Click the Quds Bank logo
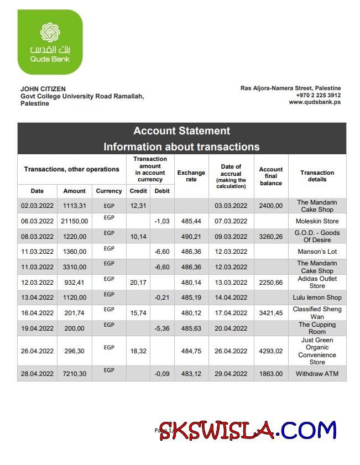pyautogui.click(x=50, y=42)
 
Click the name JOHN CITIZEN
pyautogui.click(x=43, y=89)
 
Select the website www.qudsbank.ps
pyautogui.click(x=315, y=102)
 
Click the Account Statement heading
pyautogui.click(x=181, y=131)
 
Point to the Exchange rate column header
pyautogui.click(x=191, y=176)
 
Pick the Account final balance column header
pyautogui.click(x=271, y=176)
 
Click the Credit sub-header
pyautogui.click(x=138, y=191)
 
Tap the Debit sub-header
pyautogui.click(x=163, y=191)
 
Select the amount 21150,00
pyautogui.click(x=75, y=221)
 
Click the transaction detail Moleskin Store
pyautogui.click(x=317, y=221)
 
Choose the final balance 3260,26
pyautogui.click(x=271, y=237)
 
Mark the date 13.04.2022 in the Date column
pyautogui.click(x=37, y=297)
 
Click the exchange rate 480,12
pyautogui.click(x=191, y=313)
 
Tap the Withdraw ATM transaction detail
pyautogui.click(x=317, y=374)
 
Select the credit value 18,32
pyautogui.click(x=138, y=351)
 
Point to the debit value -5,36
pyautogui.click(x=163, y=328)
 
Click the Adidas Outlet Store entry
pyautogui.click(x=317, y=282)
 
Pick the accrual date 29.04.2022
pyautogui.click(x=231, y=374)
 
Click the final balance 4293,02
pyautogui.click(x=271, y=351)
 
